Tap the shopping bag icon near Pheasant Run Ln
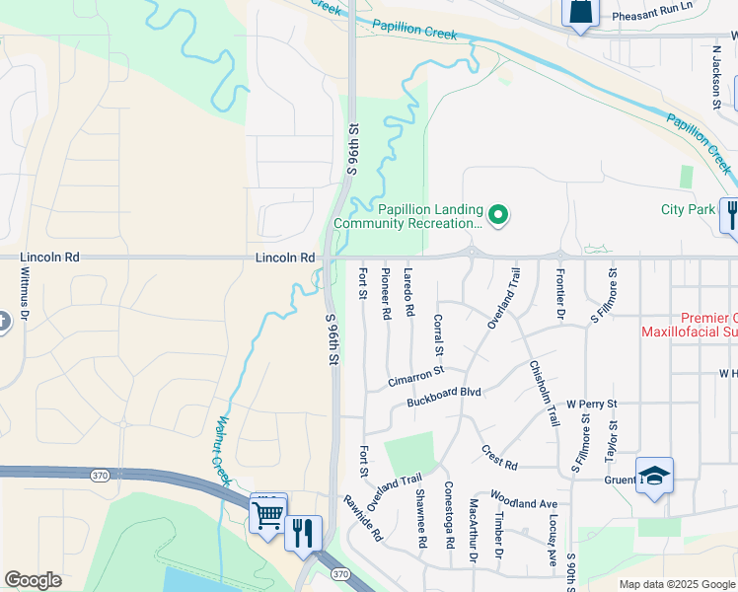click(580, 12)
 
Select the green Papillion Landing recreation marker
click(499, 214)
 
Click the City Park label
click(688, 209)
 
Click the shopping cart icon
click(267, 514)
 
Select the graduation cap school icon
click(654, 478)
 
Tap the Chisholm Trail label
click(544, 391)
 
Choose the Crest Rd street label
click(499, 456)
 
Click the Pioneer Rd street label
click(386, 292)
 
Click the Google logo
click(34, 580)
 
